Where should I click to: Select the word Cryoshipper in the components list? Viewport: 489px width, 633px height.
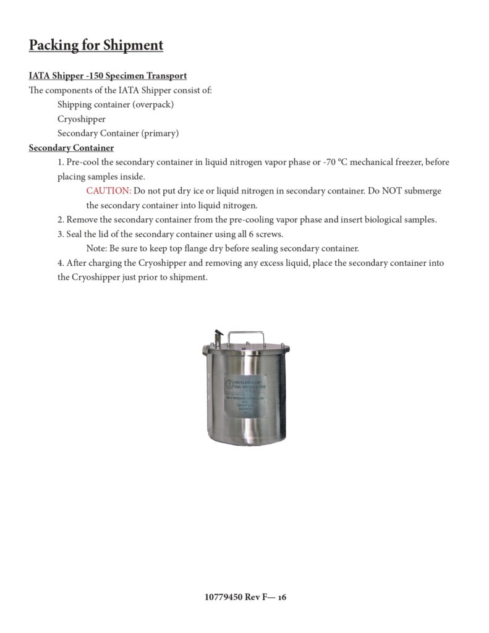click(x=81, y=119)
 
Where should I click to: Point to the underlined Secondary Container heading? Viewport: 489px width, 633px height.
click(x=71, y=148)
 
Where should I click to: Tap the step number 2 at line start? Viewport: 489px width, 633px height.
click(x=60, y=219)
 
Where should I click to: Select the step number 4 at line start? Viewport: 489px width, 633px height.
click(x=60, y=263)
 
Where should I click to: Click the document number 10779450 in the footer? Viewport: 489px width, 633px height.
click(x=223, y=598)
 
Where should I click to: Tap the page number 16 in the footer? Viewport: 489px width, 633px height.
click(x=281, y=598)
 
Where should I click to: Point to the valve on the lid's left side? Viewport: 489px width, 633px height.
click(x=218, y=338)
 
